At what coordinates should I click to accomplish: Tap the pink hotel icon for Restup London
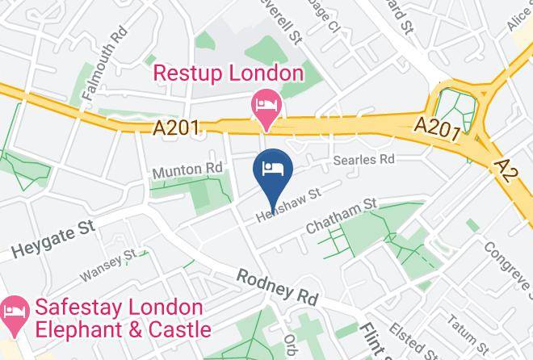coord(266,106)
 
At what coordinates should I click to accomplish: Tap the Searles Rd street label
coord(367,159)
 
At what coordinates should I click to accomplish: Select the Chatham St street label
coord(342,216)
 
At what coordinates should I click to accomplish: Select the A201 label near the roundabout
coord(439,127)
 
